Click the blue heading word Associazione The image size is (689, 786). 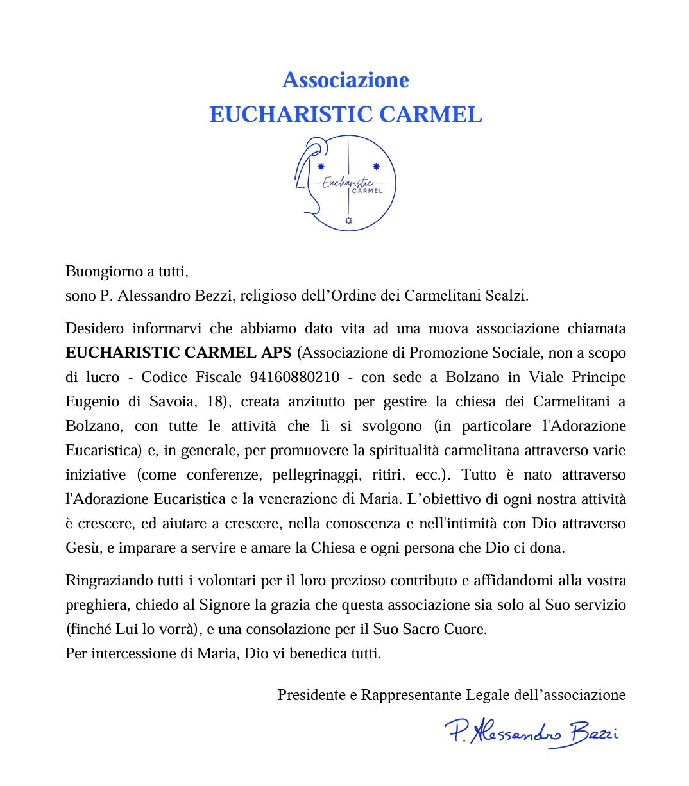click(345, 80)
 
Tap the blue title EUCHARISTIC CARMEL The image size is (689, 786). click(345, 114)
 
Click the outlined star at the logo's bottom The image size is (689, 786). click(349, 221)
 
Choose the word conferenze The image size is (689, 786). click(225, 474)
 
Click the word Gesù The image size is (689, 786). click(83, 548)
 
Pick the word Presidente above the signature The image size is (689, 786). click(311, 694)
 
